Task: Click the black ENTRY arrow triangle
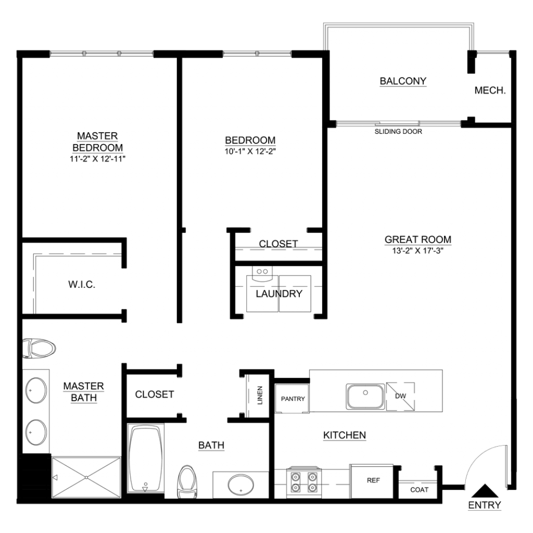click(485, 491)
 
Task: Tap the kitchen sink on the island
click(365, 396)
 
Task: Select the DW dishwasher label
click(401, 396)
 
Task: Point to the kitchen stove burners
click(304, 482)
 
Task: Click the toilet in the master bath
click(39, 348)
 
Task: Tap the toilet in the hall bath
click(187, 481)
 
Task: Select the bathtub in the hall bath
click(146, 458)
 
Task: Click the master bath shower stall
click(86, 477)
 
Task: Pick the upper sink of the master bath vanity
click(36, 390)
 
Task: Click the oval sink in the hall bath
click(240, 485)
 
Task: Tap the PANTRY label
click(293, 399)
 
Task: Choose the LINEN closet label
click(260, 396)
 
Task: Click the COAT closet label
click(419, 490)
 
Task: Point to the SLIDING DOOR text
click(398, 132)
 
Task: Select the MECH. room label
click(490, 91)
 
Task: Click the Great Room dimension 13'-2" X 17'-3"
click(418, 251)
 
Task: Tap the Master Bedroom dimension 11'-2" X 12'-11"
click(97, 159)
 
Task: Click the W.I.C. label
click(82, 285)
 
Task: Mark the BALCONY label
click(403, 81)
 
